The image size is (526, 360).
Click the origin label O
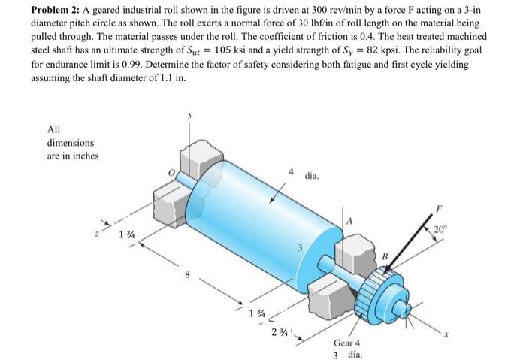[171, 176]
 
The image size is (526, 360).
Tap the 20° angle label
[461, 228]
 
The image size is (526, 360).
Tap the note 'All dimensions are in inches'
[71, 142]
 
